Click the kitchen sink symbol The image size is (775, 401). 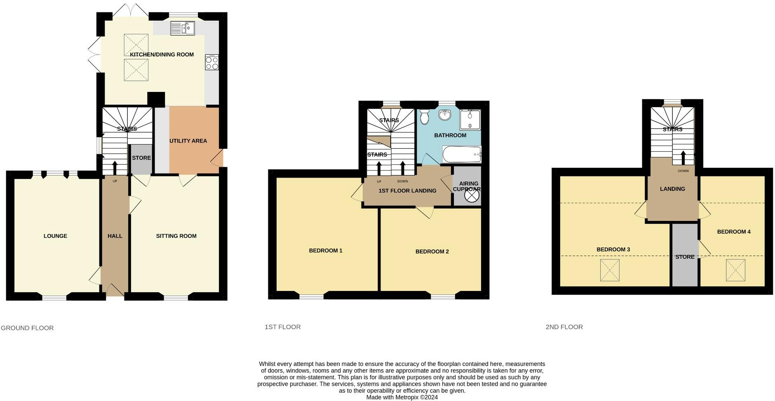(182, 28)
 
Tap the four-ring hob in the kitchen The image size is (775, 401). (212, 63)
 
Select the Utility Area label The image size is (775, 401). (188, 141)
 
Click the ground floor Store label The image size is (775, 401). (141, 158)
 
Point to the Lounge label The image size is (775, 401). (55, 236)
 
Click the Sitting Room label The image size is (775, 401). (176, 236)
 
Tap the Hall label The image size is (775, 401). (115, 236)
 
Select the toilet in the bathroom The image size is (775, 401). (425, 117)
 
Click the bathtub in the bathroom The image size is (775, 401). (461, 155)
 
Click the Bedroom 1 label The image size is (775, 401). (326, 251)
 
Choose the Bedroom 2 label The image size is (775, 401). (432, 251)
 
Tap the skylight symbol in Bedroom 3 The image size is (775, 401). (610, 270)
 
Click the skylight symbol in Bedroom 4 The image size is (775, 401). (735, 270)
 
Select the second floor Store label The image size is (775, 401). (685, 257)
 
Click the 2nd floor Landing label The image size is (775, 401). (672, 189)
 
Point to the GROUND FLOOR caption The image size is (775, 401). (27, 328)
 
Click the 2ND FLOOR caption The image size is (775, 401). (564, 327)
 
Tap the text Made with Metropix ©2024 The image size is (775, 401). (402, 397)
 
